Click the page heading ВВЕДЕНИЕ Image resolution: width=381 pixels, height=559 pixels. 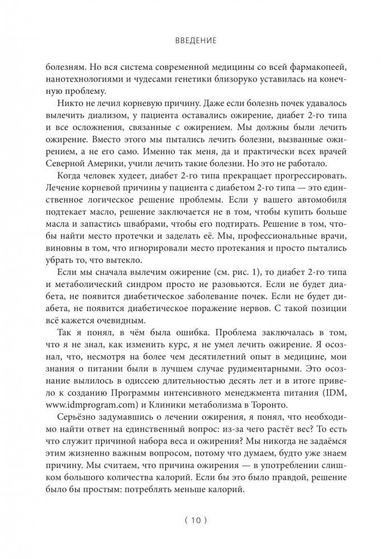tap(190, 40)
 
